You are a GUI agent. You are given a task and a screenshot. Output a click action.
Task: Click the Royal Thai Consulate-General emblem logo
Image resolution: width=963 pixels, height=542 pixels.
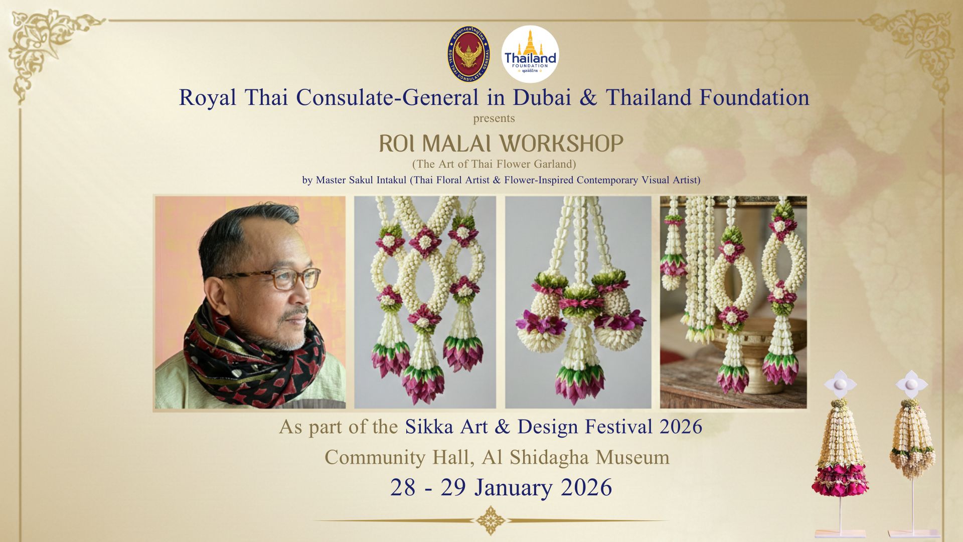468,54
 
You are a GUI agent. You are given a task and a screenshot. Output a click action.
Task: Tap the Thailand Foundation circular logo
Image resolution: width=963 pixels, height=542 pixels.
530,54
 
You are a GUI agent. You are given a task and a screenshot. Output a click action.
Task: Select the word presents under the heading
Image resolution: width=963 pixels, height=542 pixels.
494,119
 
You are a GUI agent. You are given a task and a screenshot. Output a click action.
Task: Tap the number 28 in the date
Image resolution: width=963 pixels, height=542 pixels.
403,488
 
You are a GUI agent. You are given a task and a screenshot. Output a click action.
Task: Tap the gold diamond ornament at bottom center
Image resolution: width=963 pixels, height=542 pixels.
490,520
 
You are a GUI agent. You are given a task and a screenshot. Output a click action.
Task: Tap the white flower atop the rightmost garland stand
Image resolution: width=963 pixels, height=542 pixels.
911,384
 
